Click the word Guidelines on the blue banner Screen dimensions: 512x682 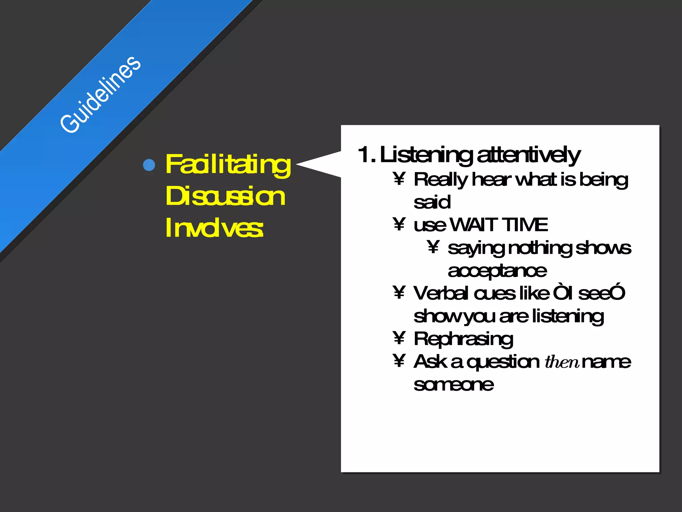100,95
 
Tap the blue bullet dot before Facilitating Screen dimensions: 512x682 149,165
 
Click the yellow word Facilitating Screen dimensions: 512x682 228,165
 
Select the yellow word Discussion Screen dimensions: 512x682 225,196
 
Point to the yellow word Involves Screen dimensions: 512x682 214,228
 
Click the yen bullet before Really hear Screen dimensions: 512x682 399,179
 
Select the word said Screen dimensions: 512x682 432,202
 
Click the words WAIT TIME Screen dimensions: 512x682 499,225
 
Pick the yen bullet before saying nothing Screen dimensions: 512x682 433,247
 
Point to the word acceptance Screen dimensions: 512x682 497,271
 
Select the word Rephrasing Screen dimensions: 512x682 463,339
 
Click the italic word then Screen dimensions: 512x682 562,362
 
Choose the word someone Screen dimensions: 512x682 454,385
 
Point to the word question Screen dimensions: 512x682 503,362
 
